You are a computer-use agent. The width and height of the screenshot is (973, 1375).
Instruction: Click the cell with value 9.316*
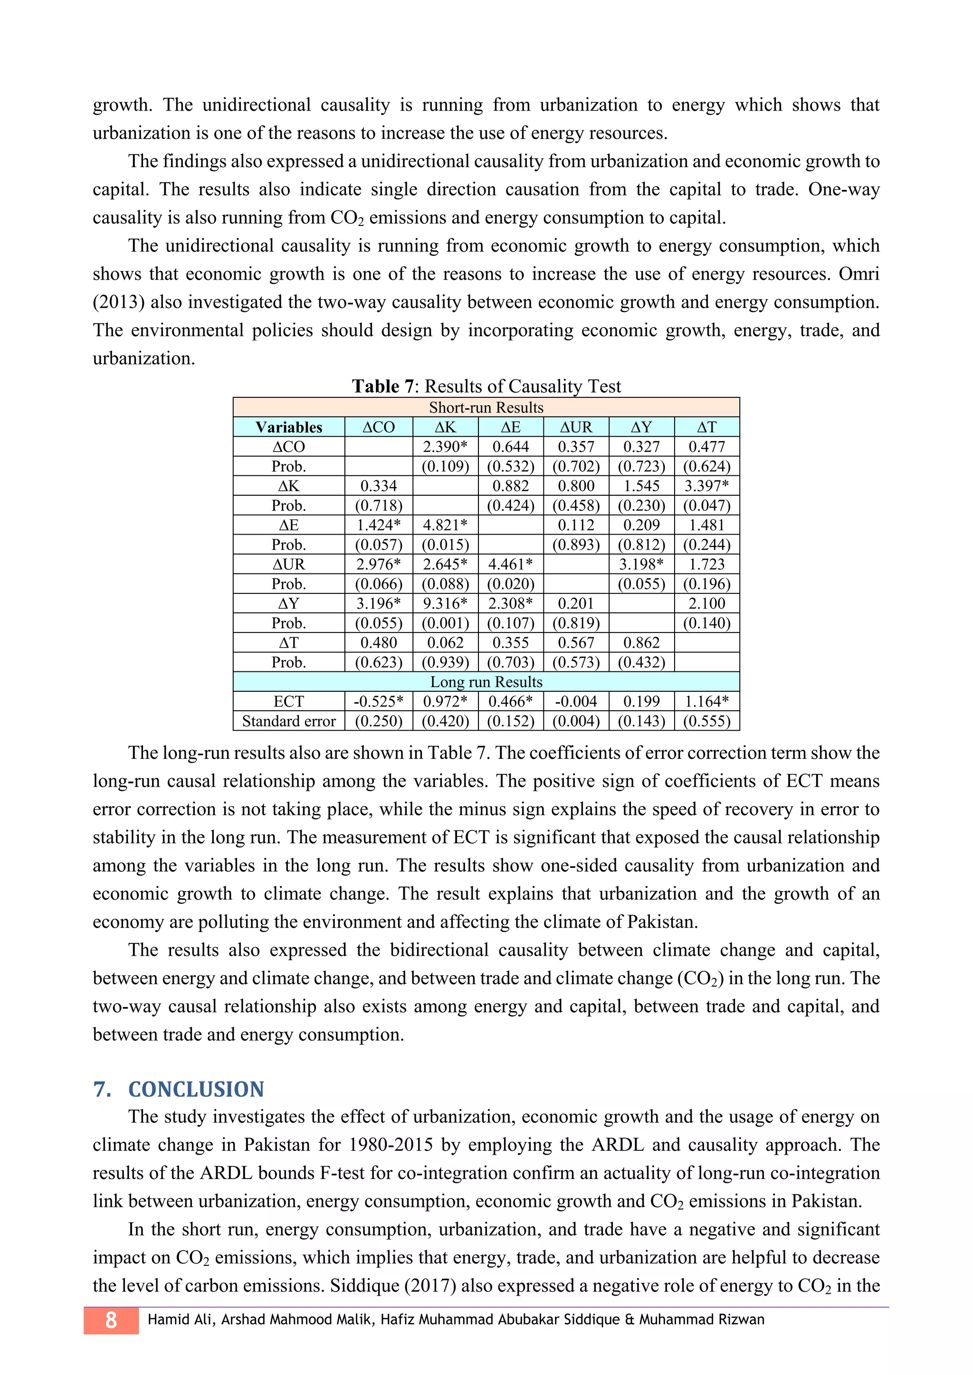pyautogui.click(x=445, y=603)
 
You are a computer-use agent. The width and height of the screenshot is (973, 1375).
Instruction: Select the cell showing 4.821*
pyautogui.click(x=445, y=525)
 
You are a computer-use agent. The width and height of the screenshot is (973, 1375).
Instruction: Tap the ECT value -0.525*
pyautogui.click(x=379, y=701)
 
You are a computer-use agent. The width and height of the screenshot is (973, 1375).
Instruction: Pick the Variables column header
pyautogui.click(x=289, y=427)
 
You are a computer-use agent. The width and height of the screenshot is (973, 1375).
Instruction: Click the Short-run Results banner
pyautogui.click(x=486, y=407)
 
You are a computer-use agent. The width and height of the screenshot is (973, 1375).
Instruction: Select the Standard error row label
pyautogui.click(x=289, y=721)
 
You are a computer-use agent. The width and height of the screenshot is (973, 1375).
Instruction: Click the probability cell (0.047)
pyautogui.click(x=707, y=506)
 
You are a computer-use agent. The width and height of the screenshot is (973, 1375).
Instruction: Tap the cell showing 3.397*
pyautogui.click(x=707, y=486)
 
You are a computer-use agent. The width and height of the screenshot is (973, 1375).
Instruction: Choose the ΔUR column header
pyautogui.click(x=576, y=427)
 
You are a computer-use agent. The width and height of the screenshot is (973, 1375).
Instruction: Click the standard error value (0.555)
pyautogui.click(x=707, y=721)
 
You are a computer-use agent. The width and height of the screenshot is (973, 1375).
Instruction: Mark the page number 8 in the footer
pyautogui.click(x=111, y=1320)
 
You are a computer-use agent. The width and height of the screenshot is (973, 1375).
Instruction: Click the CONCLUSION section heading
pyautogui.click(x=197, y=1089)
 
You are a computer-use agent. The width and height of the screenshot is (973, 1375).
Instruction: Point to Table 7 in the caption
pyautogui.click(x=383, y=386)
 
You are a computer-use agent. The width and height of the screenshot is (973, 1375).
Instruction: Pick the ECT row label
pyautogui.click(x=289, y=701)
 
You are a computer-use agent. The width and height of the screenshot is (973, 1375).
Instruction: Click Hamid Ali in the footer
pyautogui.click(x=179, y=1320)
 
